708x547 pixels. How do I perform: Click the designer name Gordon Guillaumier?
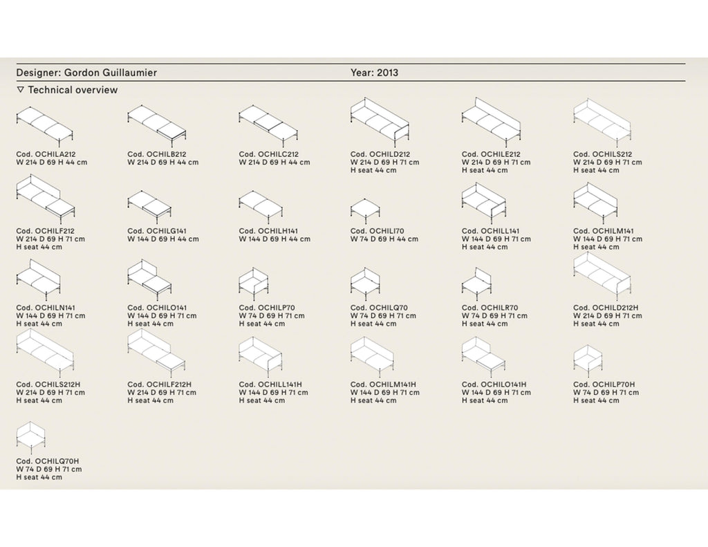110,73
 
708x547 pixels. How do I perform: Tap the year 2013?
387,73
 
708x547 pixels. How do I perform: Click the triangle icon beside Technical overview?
20,90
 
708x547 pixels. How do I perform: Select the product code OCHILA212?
55,154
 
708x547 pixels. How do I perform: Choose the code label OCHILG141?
167,231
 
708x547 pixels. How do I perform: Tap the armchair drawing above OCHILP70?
254,284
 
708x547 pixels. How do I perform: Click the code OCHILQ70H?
57,461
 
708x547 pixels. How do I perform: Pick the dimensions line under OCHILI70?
384,239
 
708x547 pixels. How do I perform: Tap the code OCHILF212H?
169,385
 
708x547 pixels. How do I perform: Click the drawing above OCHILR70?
477,284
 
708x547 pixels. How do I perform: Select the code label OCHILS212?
612,154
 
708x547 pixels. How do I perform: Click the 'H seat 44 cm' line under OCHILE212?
485,171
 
